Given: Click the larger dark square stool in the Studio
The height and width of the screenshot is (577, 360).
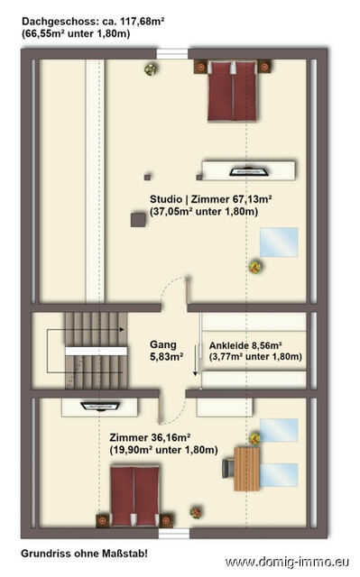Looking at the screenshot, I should tap(138, 217).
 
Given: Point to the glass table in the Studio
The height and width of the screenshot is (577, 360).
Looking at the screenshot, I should tap(279, 243).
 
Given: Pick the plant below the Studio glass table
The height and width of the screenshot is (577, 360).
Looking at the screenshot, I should tap(255, 265).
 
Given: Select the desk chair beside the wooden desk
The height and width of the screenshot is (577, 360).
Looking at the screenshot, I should tap(229, 466).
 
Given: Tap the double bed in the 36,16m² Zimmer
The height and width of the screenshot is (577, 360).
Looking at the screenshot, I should tap(134, 495).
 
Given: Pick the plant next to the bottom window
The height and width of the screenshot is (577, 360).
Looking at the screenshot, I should tap(196, 511).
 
